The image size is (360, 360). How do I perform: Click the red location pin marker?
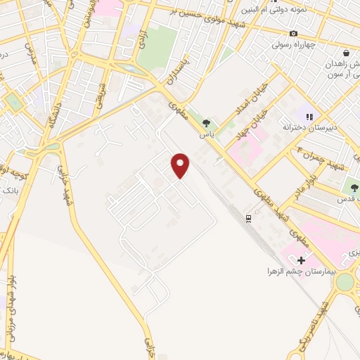181,165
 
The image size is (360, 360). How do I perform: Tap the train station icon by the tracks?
248,219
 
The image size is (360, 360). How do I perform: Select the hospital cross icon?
302,261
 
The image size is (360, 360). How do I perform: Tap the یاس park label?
207,134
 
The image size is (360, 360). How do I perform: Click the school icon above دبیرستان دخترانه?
308,117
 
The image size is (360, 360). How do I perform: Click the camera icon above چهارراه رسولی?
293,34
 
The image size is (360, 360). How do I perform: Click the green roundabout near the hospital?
345,281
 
